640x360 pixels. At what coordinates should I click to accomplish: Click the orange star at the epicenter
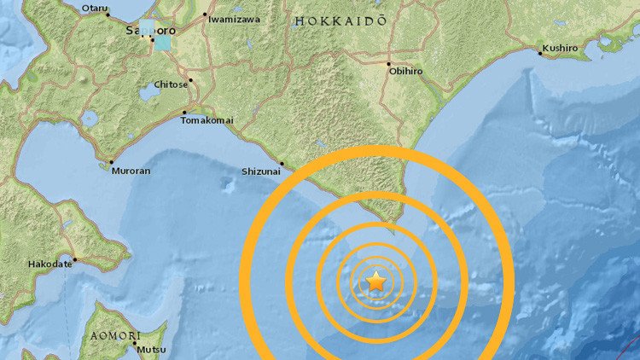tap(376, 281)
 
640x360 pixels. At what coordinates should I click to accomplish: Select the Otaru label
tap(95, 9)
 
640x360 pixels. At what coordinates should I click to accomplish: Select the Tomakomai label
tap(207, 120)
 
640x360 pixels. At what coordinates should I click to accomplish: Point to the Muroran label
tap(131, 171)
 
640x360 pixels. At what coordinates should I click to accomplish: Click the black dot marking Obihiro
tap(388, 65)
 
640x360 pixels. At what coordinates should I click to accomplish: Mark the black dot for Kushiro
tap(539, 53)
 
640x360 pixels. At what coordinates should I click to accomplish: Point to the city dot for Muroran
tap(112, 162)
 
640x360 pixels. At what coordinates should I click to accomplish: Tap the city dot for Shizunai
tap(282, 162)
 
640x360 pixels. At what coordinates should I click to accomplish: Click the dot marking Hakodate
tap(74, 259)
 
